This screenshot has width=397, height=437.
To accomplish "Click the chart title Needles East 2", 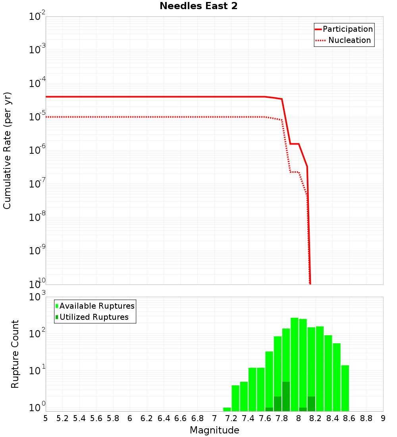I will pyautogui.click(x=198, y=6).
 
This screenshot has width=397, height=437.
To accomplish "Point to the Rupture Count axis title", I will pyautogui.click(x=15, y=354).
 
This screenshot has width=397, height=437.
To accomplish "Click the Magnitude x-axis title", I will pyautogui.click(x=214, y=430).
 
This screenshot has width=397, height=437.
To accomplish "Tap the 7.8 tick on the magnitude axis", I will pyautogui.click(x=282, y=418).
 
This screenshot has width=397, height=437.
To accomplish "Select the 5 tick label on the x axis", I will pyautogui.click(x=46, y=418).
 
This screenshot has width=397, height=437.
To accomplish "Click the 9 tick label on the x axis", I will pyautogui.click(x=383, y=418).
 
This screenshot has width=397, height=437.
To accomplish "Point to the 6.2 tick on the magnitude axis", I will pyautogui.click(x=147, y=418).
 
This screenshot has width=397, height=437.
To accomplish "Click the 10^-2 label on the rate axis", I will pyautogui.click(x=37, y=17).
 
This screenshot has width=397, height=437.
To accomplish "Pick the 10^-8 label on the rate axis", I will pyautogui.click(x=37, y=217).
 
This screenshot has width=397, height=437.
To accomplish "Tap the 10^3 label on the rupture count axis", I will pyautogui.click(x=37, y=297).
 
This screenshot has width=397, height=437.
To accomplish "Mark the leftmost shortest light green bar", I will pyautogui.click(x=227, y=409).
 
